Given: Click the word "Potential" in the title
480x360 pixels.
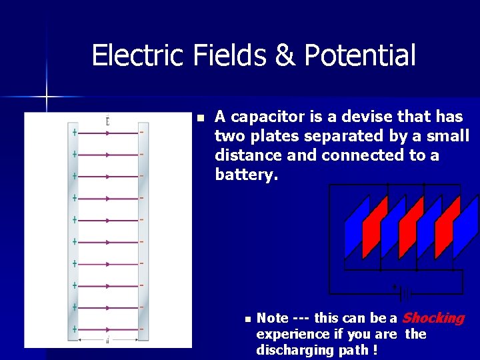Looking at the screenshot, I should (x=359, y=55).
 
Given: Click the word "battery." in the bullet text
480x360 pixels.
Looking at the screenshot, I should (x=245, y=175).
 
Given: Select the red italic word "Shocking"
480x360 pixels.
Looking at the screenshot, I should (x=433, y=318).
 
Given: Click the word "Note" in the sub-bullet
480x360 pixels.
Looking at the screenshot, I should (x=272, y=319).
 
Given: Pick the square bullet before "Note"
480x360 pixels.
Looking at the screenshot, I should (x=247, y=319).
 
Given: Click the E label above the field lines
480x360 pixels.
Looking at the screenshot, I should (x=107, y=121).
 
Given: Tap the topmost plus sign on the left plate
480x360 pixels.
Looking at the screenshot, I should (x=75, y=132).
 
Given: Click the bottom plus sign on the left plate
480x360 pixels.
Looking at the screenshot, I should (x=75, y=329).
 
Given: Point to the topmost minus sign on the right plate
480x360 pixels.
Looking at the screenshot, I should (x=141, y=132).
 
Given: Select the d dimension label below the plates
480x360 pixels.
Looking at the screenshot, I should (x=107, y=341).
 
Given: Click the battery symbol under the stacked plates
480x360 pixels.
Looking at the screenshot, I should (x=404, y=291).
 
